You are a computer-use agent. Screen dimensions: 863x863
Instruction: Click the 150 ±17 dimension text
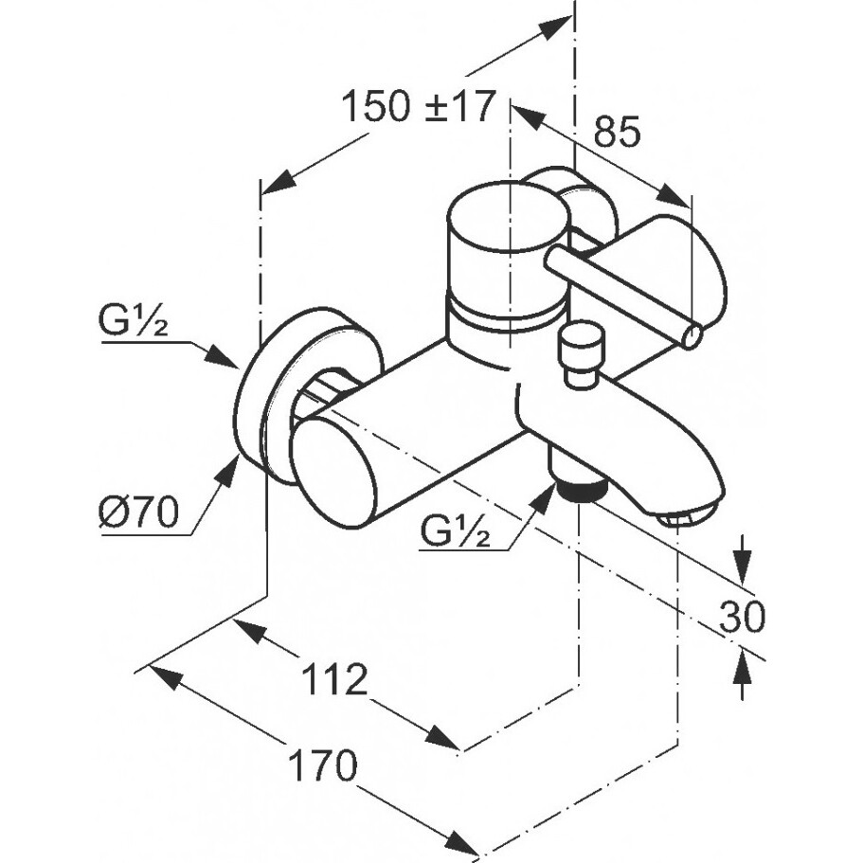point(419,107)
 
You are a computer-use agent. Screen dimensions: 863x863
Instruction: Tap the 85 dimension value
point(618,133)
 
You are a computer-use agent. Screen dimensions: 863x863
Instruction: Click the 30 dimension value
point(742,617)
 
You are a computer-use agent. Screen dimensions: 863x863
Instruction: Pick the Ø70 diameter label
point(137,513)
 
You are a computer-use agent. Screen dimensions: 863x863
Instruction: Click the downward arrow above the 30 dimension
point(742,566)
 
